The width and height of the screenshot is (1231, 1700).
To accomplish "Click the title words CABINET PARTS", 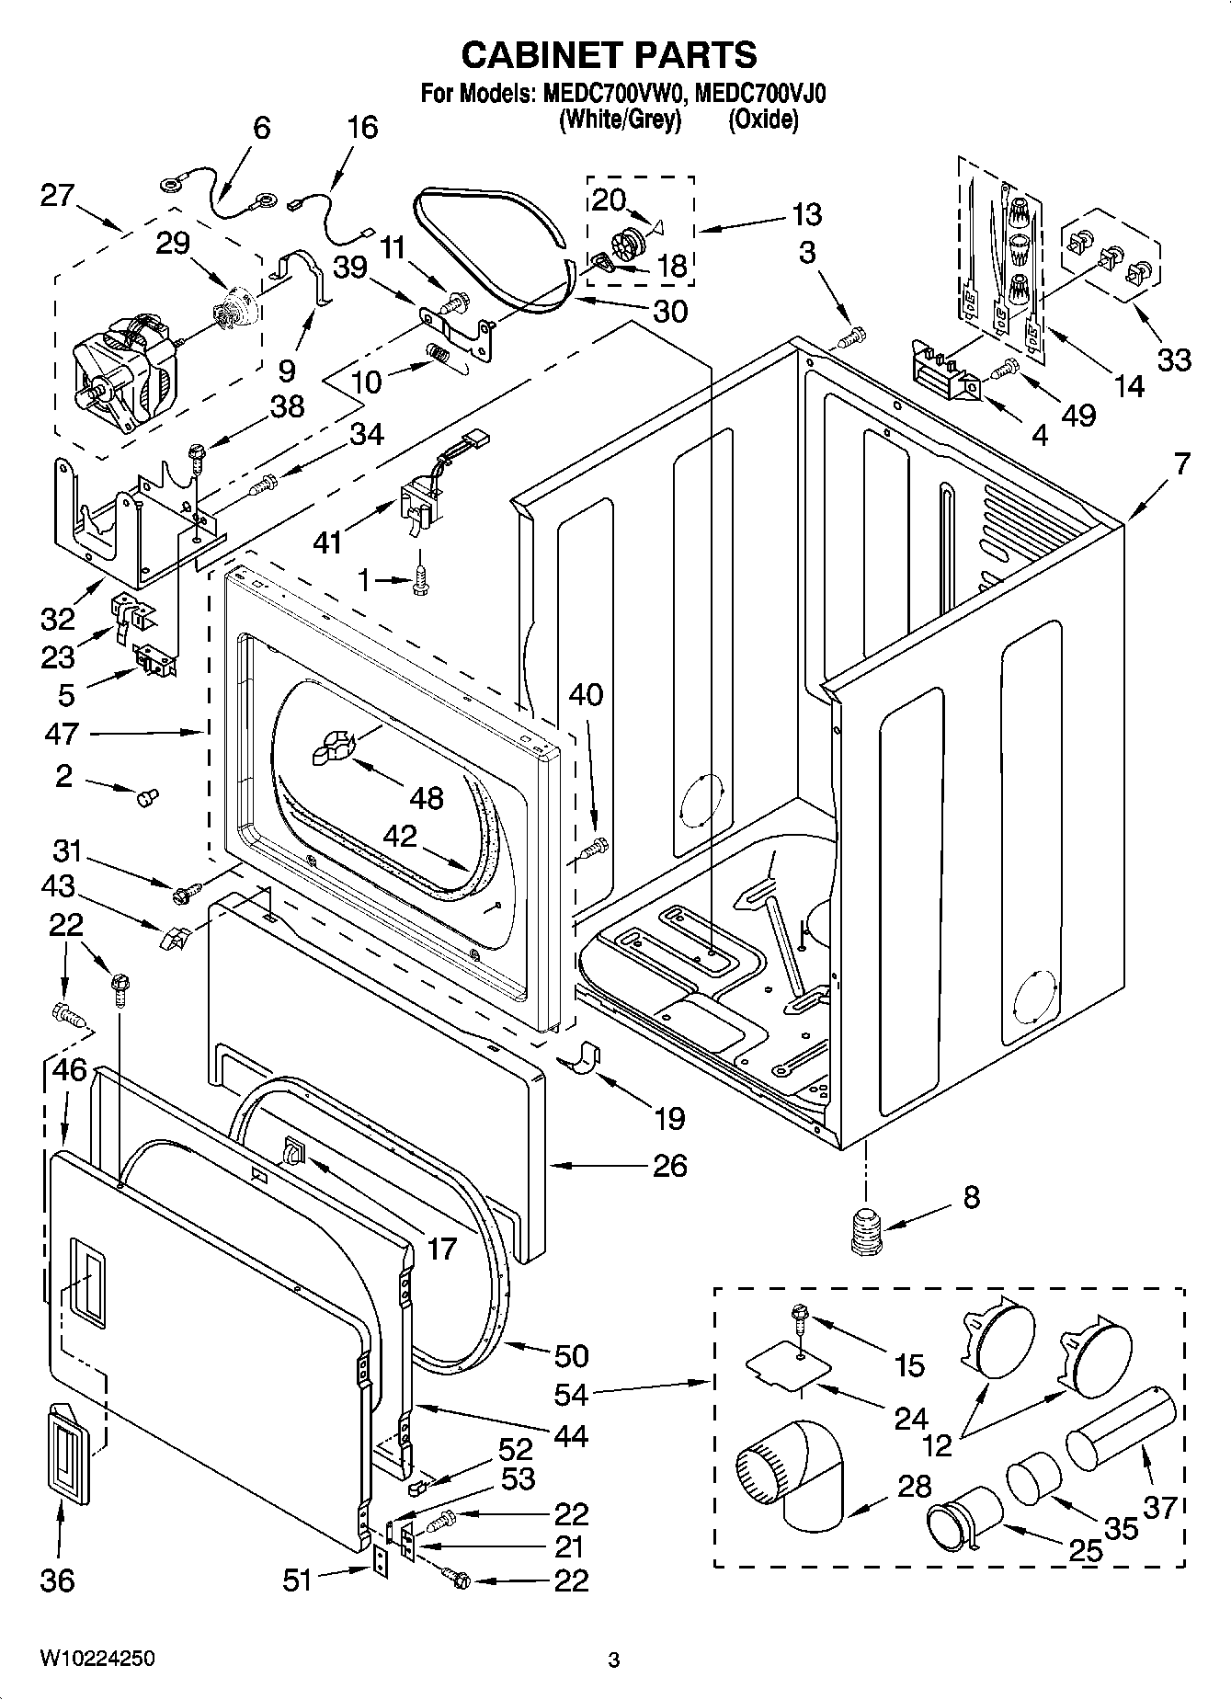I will pyautogui.click(x=609, y=55).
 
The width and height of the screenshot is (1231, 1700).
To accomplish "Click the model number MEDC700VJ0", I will pyautogui.click(x=760, y=94).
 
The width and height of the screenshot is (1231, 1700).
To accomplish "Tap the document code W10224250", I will pyautogui.click(x=97, y=1658).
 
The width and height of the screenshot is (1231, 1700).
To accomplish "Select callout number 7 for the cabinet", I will pyautogui.click(x=1181, y=463).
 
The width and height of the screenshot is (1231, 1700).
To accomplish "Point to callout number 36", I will pyautogui.click(x=57, y=1580).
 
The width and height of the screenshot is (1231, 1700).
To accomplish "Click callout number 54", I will pyautogui.click(x=571, y=1394).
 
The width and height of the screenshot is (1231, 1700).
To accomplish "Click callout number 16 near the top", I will pyautogui.click(x=362, y=127).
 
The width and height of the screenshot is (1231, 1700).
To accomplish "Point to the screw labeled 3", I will pyautogui.click(x=852, y=337).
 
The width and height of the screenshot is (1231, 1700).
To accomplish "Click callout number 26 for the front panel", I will pyautogui.click(x=669, y=1165).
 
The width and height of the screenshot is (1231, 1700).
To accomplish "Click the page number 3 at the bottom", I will pyautogui.click(x=614, y=1660).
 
